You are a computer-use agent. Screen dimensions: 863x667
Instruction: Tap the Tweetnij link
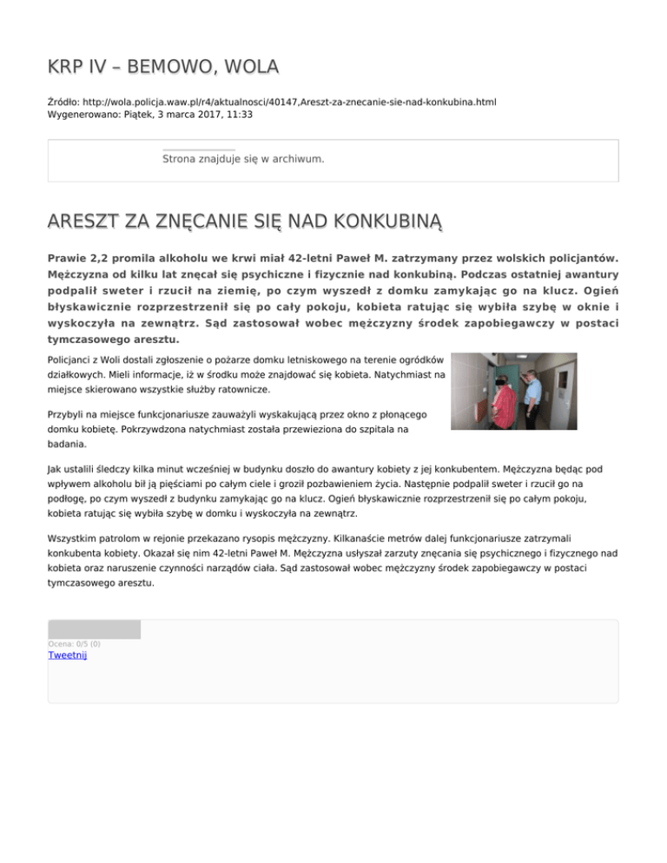[x=68, y=655]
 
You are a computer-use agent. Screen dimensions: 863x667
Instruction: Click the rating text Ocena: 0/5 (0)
[x=74, y=643]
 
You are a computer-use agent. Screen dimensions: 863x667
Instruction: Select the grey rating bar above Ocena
[x=94, y=629]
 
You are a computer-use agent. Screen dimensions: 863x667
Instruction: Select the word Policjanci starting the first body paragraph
[x=73, y=359]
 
